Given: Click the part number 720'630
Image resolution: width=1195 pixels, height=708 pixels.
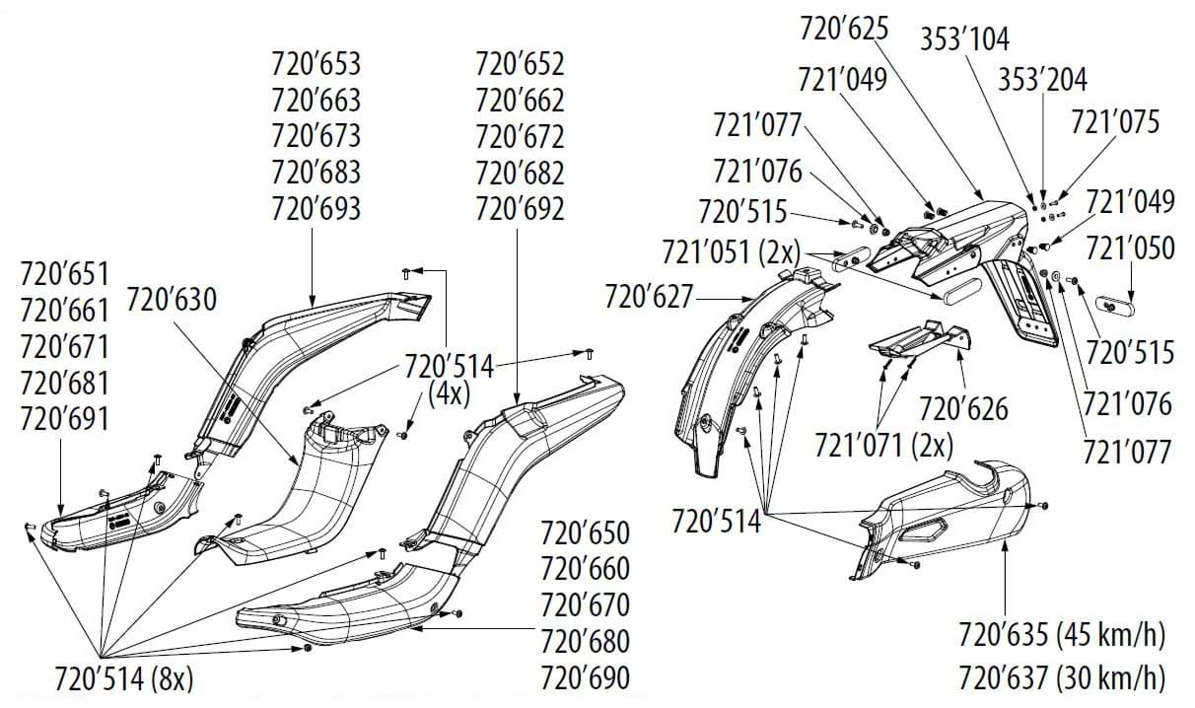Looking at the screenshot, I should click(171, 299).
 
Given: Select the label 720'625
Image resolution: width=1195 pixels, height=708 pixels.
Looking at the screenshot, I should click(844, 28).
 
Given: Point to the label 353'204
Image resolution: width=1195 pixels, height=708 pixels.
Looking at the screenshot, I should click(1042, 79).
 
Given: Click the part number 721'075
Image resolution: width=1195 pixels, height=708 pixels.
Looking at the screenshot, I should click(1114, 122).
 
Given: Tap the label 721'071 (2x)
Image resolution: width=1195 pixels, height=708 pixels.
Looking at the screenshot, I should click(883, 445).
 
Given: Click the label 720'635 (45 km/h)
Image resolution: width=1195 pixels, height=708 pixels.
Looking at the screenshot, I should click(1061, 635).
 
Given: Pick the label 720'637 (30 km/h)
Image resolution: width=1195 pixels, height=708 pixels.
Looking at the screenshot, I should click(1061, 678).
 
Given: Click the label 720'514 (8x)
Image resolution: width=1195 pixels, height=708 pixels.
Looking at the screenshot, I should click(123, 679).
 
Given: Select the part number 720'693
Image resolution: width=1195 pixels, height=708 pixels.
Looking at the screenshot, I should click(316, 208).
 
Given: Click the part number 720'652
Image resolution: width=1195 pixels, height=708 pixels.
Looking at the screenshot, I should click(520, 65).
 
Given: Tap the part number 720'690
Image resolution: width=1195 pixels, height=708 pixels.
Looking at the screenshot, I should click(585, 678).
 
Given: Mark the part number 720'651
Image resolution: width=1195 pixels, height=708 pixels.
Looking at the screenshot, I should click(64, 274).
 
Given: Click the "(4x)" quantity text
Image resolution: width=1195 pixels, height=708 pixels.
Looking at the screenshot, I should click(449, 393).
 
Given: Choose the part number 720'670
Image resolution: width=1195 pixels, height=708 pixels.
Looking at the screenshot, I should click(585, 604).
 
